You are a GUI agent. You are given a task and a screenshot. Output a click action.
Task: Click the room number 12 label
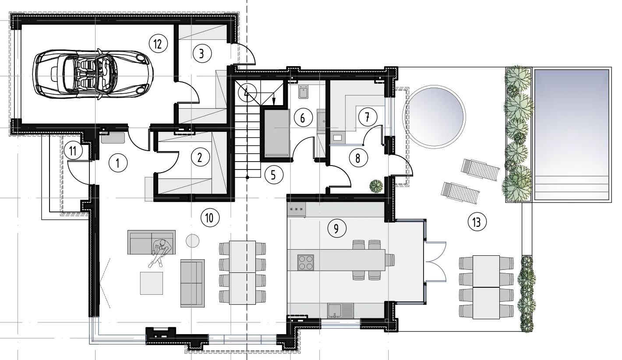pos(158,44)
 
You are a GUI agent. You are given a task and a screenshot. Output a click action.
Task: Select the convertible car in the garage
pos(93,74)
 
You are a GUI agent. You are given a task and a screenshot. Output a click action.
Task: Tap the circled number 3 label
pos(202,53)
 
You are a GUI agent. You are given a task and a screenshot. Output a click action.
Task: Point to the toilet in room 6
pos(304,92)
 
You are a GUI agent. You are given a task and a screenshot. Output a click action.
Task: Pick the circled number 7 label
pos(368,117)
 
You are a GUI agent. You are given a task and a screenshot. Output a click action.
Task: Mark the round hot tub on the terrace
pos(434,117)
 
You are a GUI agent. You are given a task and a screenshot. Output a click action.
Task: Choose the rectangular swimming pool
pos(572,134)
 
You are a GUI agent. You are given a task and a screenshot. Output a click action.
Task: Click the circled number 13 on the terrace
pos(477,222)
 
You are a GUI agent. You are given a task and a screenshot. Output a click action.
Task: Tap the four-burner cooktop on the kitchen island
pos(306,262)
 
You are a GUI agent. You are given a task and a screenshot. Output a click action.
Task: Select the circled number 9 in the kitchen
pos(336,229)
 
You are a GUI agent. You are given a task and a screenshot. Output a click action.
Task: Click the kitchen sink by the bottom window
pos(340,311)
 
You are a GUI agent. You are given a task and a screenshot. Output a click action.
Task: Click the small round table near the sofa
pos(192,240)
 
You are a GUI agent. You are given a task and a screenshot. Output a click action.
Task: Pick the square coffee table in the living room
pos(151,283)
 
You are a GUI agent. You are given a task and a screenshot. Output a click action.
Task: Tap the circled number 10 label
pos(210,218)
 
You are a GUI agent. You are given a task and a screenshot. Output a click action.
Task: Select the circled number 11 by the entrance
pos(73,151)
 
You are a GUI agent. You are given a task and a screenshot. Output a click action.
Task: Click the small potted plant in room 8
pos(376,186)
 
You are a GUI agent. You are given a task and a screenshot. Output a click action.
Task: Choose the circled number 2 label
pos(200,157)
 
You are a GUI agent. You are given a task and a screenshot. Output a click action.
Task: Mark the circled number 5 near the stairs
pos(274,175)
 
